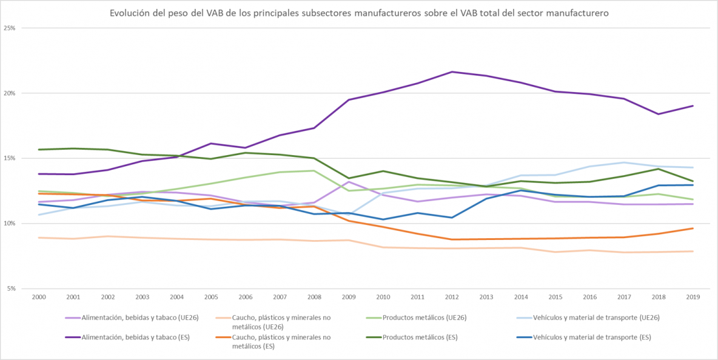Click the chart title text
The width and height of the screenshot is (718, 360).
pyautogui.click(x=359, y=13)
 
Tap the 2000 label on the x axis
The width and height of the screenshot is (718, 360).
pyautogui.click(x=39, y=297)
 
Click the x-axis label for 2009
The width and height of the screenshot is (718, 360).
pyautogui.click(x=349, y=297)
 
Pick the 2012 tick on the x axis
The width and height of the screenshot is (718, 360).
pyautogui.click(x=452, y=297)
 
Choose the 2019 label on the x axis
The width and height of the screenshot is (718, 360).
pyautogui.click(x=693, y=297)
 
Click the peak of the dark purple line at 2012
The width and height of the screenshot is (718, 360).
pyautogui.click(x=452, y=72)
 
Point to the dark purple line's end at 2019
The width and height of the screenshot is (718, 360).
pyautogui.click(x=693, y=106)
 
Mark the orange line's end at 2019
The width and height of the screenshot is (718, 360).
pyautogui.click(x=693, y=228)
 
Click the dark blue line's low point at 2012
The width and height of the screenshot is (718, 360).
pyautogui.click(x=452, y=218)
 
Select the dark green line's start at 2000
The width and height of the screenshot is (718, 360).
pyautogui.click(x=39, y=150)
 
